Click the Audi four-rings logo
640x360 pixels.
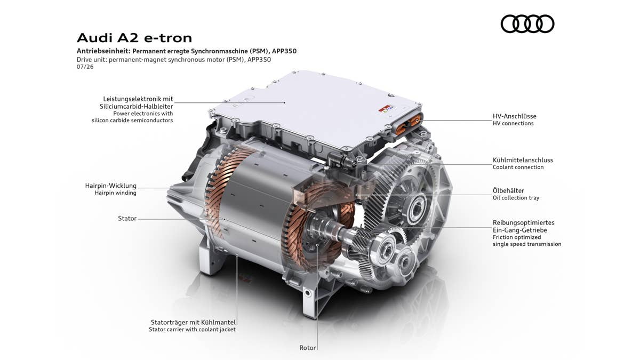pos(527,23)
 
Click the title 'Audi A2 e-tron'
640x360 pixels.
pos(134,38)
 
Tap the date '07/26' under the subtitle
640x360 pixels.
pos(85,67)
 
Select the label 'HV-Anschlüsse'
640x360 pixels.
pos(515,116)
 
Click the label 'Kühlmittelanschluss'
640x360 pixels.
pos(523,160)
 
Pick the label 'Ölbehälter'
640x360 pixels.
pos(508,190)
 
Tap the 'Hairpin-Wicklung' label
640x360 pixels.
pos(111,186)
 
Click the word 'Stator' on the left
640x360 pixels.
pos(127,218)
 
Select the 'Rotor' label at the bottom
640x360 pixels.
pos(307,348)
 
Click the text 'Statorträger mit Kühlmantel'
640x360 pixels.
pos(193,322)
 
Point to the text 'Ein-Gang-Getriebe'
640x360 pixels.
pos(519,230)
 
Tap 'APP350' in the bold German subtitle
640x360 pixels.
pos(284,51)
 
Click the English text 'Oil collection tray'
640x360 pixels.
pos(516,198)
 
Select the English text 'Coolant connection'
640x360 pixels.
pos(518,167)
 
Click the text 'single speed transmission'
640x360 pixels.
pos(527,244)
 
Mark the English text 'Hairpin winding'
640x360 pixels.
pos(115,193)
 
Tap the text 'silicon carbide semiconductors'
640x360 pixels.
pos(132,121)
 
